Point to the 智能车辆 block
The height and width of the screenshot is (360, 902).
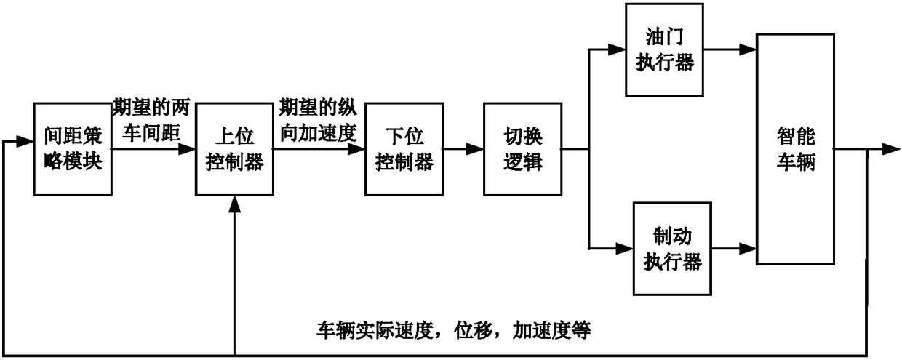tap(795, 148)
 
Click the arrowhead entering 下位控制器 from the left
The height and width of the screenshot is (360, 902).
tap(357, 149)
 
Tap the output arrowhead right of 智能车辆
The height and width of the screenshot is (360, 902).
tap(891, 149)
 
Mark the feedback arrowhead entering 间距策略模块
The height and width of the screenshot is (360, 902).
tap(26, 141)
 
